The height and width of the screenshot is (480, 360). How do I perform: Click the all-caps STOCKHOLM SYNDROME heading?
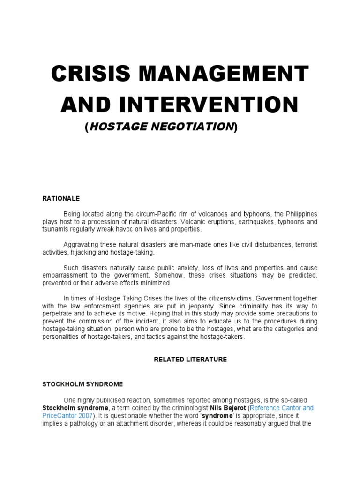[82, 384]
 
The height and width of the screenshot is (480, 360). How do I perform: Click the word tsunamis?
[56, 229]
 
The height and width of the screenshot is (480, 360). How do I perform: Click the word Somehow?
[179, 276]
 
